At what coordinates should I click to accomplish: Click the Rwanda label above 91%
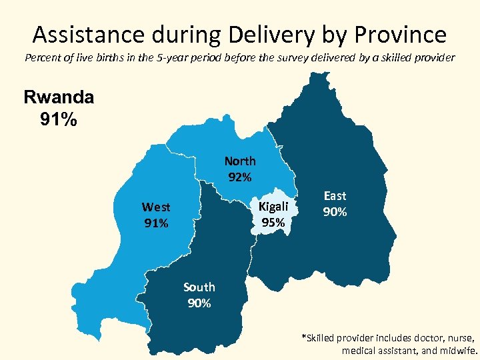click(x=59, y=97)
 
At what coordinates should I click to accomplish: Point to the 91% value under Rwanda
click(x=59, y=121)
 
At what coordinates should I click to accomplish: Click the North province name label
click(x=240, y=161)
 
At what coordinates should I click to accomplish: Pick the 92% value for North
click(x=240, y=177)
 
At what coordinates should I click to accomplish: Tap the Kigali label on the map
click(x=273, y=207)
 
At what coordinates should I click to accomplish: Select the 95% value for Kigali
click(x=273, y=223)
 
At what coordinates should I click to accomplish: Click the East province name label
click(x=335, y=195)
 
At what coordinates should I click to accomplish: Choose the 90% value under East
click(x=335, y=212)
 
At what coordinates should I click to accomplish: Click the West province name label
click(x=156, y=207)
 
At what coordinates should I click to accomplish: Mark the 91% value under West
click(x=156, y=223)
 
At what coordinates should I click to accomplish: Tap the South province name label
click(x=199, y=287)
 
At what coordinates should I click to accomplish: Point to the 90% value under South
click(x=199, y=303)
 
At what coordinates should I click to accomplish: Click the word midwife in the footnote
click(x=457, y=350)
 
